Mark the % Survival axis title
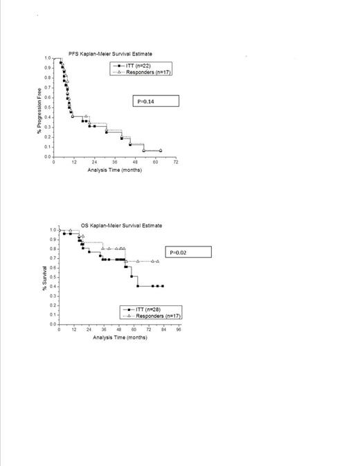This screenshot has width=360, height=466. [x=43, y=277]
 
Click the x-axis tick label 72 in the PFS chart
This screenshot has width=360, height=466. [x=176, y=163]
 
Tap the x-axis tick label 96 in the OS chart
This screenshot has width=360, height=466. [x=179, y=330]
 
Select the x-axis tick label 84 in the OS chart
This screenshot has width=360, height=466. [x=164, y=330]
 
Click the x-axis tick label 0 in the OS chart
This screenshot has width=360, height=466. [x=59, y=330]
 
